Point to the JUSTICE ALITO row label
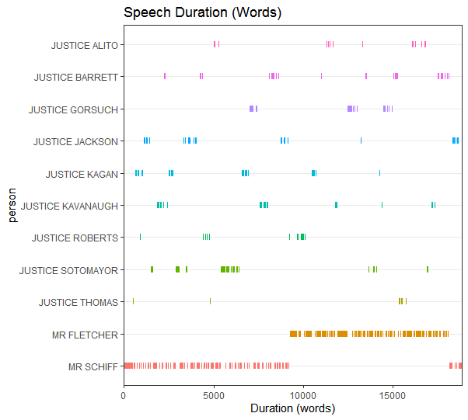(85, 45)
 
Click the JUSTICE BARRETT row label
(76, 78)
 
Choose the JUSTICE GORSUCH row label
(74, 109)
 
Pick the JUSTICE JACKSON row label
(76, 141)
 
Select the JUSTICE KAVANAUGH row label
(70, 206)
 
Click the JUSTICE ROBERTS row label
(75, 238)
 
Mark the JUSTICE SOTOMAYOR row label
(69, 270)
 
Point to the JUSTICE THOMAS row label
(79, 302)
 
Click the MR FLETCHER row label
(86, 335)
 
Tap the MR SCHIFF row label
(93, 366)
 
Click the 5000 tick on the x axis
(214, 394)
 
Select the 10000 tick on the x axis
(303, 394)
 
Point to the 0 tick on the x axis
(124, 394)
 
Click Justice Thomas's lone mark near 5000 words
(210, 301)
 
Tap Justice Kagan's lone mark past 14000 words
(379, 173)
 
